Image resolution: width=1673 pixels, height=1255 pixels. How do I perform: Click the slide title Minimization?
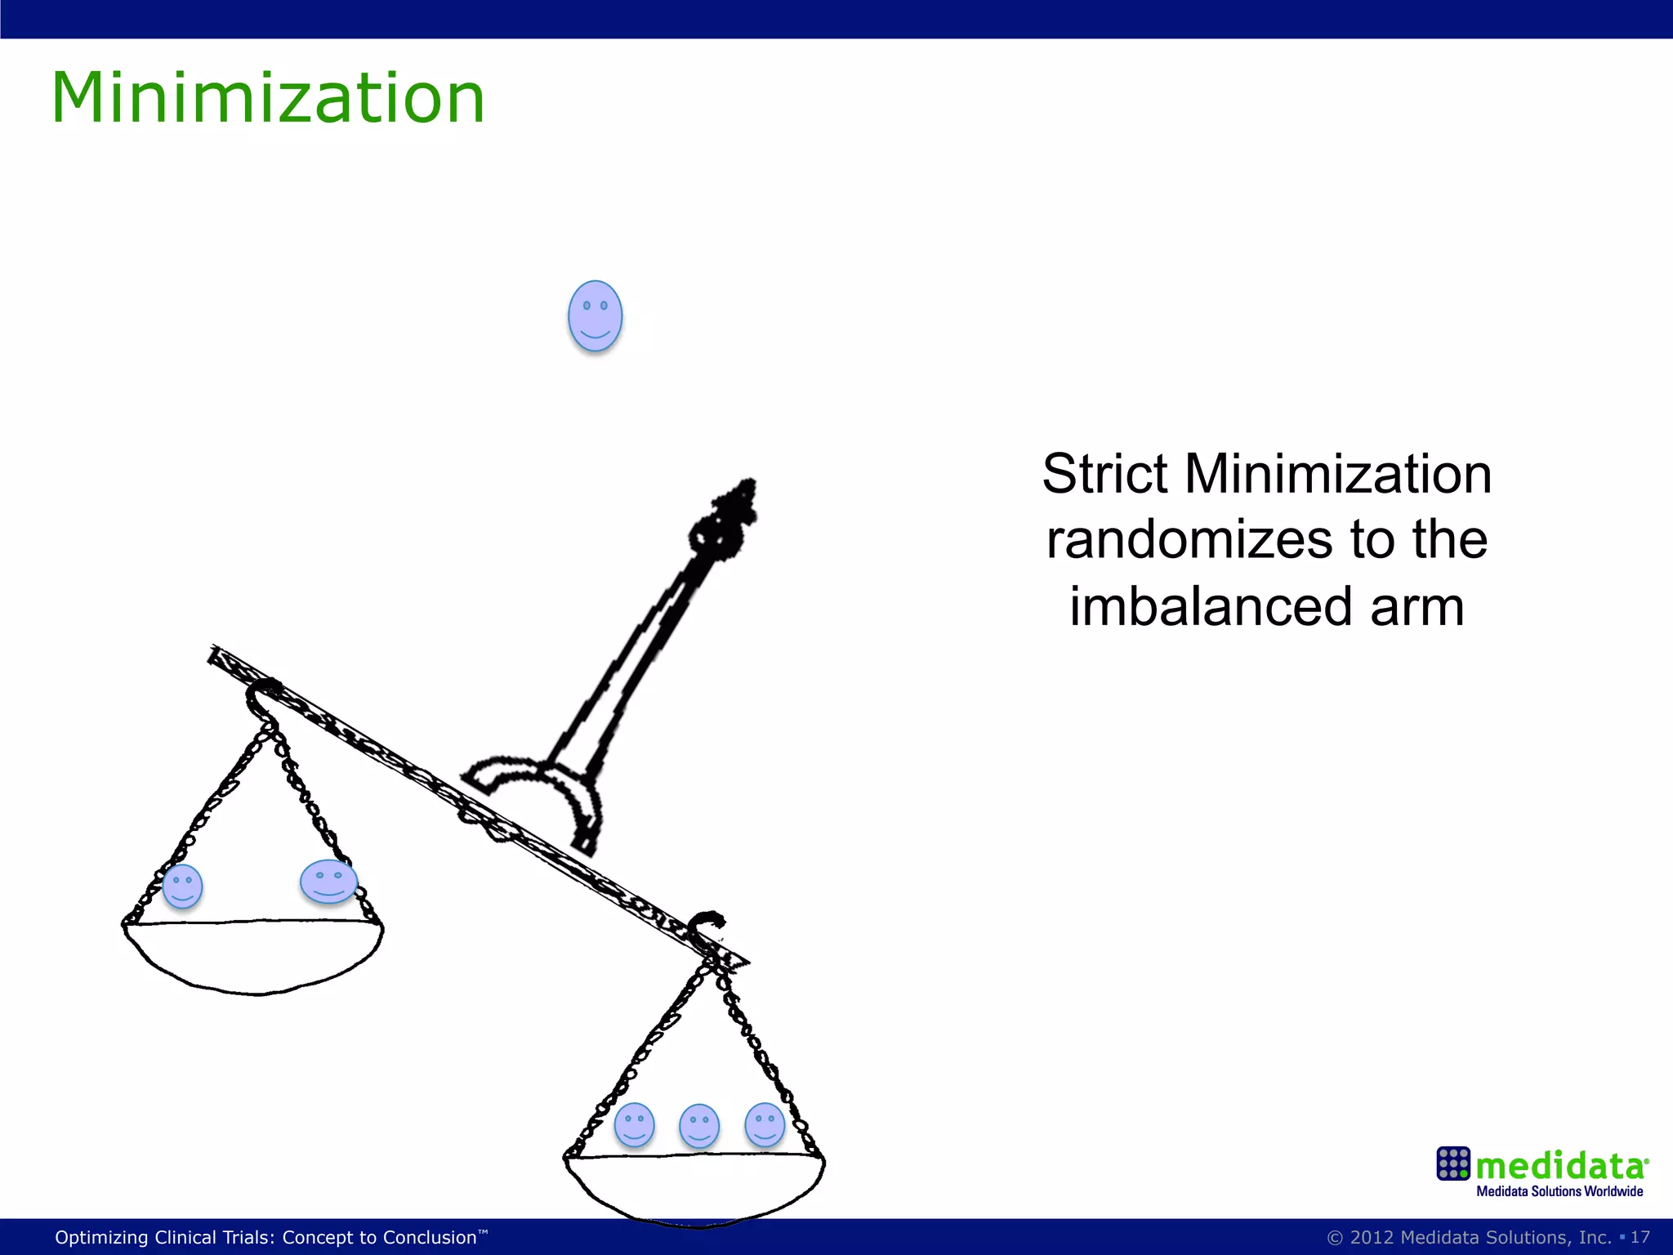(268, 98)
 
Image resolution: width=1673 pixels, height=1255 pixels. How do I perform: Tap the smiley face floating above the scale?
(595, 315)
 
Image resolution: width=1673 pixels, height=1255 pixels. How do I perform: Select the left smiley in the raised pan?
(182, 886)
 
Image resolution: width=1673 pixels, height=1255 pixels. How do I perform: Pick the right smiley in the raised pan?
(328, 881)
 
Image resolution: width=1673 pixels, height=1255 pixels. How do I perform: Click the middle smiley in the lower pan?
(699, 1126)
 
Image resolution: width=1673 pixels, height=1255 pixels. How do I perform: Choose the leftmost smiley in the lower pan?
(634, 1124)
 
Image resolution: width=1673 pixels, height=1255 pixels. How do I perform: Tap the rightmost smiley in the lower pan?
(765, 1124)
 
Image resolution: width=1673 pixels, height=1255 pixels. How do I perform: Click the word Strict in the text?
(1104, 474)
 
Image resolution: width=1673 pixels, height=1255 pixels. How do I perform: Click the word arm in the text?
(1416, 607)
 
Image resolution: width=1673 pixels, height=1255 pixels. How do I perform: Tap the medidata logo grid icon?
(1453, 1163)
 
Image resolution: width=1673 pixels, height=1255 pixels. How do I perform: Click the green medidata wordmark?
(1560, 1165)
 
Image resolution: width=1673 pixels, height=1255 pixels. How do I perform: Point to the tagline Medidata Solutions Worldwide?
(1559, 1191)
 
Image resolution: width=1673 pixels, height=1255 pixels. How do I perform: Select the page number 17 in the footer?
(1640, 1237)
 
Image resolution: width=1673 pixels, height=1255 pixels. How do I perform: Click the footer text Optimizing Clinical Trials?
(266, 1237)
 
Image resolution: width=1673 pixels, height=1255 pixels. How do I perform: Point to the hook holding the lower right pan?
(706, 927)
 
